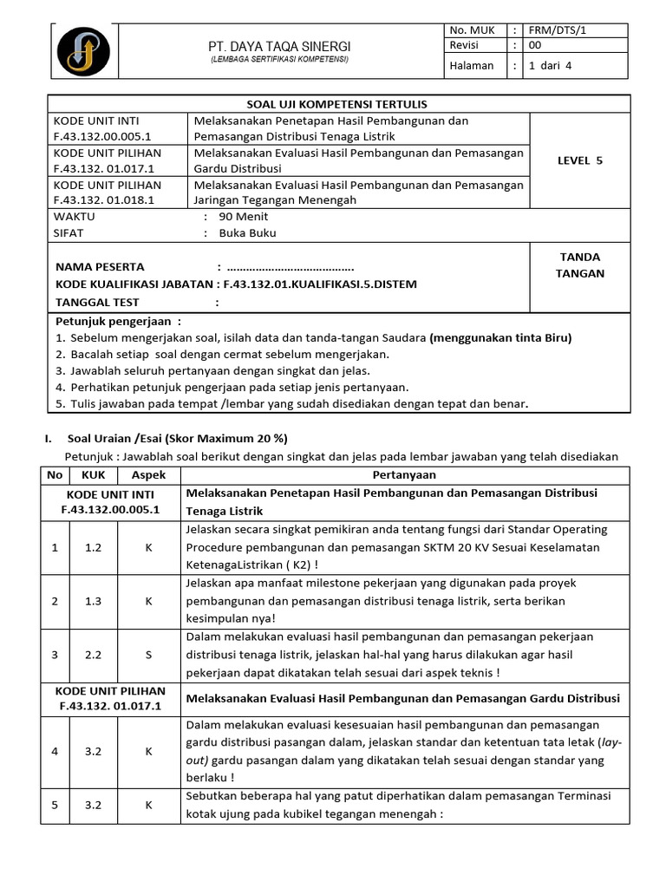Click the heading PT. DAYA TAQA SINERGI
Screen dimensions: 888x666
(x=279, y=45)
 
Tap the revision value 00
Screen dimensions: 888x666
(x=535, y=45)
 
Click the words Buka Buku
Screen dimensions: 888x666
(x=247, y=233)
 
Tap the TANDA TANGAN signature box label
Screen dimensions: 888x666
(x=580, y=264)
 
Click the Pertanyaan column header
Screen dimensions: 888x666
(x=404, y=475)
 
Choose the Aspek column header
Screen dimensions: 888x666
(x=148, y=475)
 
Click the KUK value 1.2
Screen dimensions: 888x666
(x=93, y=548)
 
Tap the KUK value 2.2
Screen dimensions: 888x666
(x=93, y=656)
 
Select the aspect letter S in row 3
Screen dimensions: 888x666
(x=148, y=656)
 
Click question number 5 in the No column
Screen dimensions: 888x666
(x=55, y=805)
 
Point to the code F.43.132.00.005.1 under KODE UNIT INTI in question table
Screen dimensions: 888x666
(x=110, y=510)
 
